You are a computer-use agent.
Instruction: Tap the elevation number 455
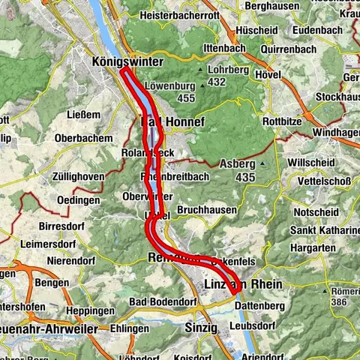point(186,98)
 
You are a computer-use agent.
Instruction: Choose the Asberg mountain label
point(238,163)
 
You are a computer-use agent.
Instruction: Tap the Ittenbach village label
point(203,48)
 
